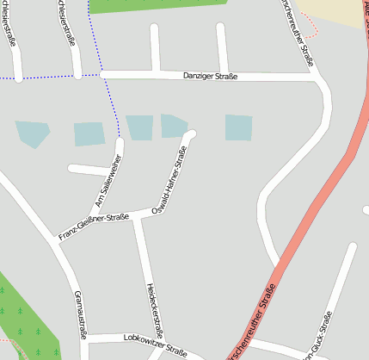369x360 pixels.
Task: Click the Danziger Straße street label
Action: click(210, 77)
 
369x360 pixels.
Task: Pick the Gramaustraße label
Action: click(80, 314)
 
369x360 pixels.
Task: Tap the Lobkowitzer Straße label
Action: click(155, 344)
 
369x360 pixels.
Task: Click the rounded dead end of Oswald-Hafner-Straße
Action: click(191, 134)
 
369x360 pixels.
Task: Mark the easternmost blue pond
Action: click(238, 127)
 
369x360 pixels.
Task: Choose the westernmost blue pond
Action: click(32, 133)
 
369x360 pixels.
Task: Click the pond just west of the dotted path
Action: click(89, 133)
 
